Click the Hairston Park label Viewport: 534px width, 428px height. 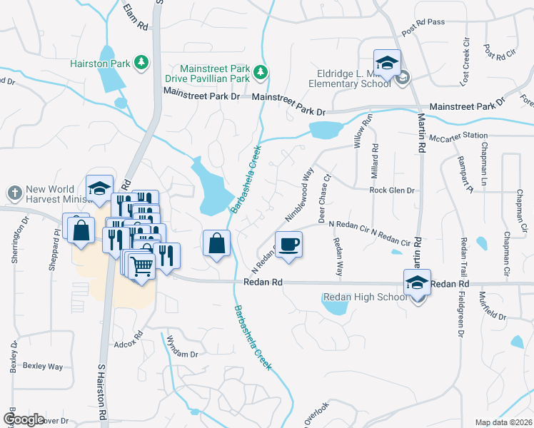[100, 63]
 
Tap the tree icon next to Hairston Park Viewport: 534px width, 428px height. [142, 63]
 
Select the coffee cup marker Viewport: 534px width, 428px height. [289, 244]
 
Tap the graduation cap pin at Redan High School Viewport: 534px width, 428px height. [417, 282]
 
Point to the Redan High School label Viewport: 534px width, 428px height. [365, 297]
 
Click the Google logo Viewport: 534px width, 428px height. [24, 419]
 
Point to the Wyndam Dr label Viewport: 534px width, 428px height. [181, 354]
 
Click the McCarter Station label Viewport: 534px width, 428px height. [458, 136]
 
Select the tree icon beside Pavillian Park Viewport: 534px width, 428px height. [261, 71]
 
